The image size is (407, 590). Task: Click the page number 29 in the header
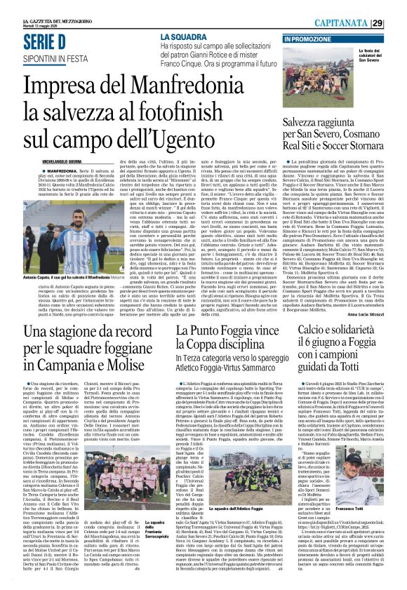pyautogui.click(x=397, y=23)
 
